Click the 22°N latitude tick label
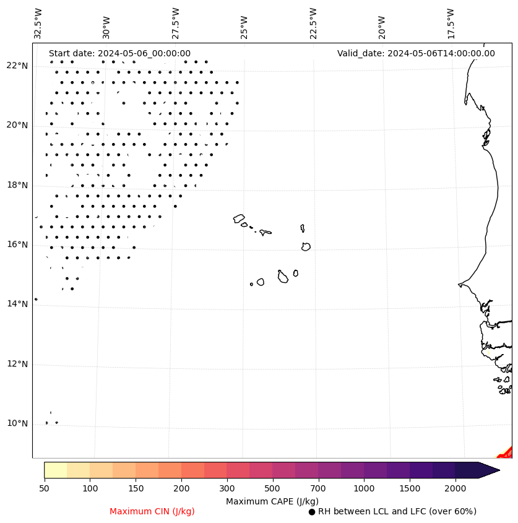[x=17, y=66]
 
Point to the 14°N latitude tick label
[x=17, y=304]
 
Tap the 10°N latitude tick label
[x=17, y=423]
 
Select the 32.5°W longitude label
[x=38, y=24]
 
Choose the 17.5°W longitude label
[x=451, y=24]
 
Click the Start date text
[x=119, y=54]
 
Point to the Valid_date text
[x=416, y=54]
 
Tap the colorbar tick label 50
[x=44, y=489]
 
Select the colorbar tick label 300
[x=227, y=489]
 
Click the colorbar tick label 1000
[x=364, y=489]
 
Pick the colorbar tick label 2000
[x=455, y=489]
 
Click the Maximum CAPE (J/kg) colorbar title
[x=272, y=501]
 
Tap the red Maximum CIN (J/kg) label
[x=152, y=512]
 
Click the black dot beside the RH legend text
[x=312, y=512]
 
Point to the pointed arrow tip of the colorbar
[x=498, y=470]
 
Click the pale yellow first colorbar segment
[x=55, y=470]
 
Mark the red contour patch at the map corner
[x=507, y=452]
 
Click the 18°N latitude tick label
[x=17, y=185]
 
